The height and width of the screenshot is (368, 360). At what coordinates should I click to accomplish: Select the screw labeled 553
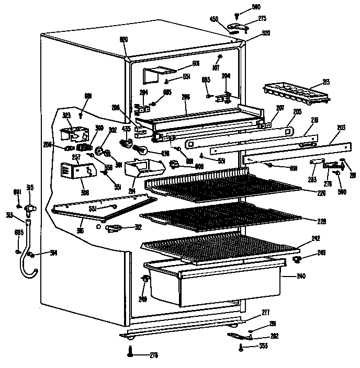[x=242, y=346]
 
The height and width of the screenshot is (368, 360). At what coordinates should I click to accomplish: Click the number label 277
[x=266, y=312]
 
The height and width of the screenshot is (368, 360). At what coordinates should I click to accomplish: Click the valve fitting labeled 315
[x=31, y=208]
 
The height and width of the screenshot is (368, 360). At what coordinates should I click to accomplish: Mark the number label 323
[x=66, y=114]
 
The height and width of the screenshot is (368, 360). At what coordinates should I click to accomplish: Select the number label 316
[x=81, y=230]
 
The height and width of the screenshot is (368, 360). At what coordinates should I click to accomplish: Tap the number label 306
[x=85, y=192]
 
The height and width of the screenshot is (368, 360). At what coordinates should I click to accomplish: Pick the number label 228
[x=321, y=221]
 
